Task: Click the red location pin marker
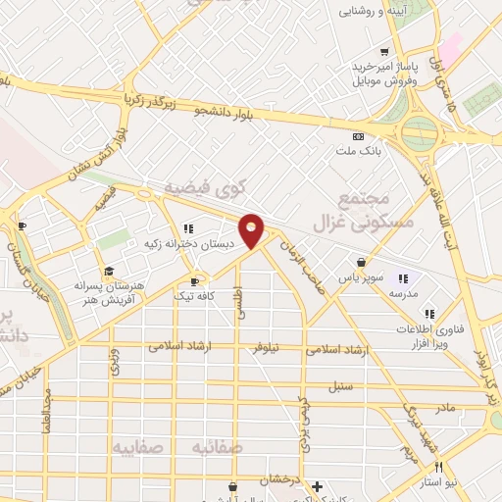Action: (x=252, y=230)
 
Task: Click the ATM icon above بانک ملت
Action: (x=358, y=137)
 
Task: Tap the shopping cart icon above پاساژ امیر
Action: (x=386, y=52)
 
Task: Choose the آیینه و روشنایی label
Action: (x=373, y=13)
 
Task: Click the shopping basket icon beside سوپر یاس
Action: (x=363, y=263)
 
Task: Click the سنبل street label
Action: (x=340, y=385)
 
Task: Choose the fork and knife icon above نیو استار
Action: (x=438, y=468)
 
